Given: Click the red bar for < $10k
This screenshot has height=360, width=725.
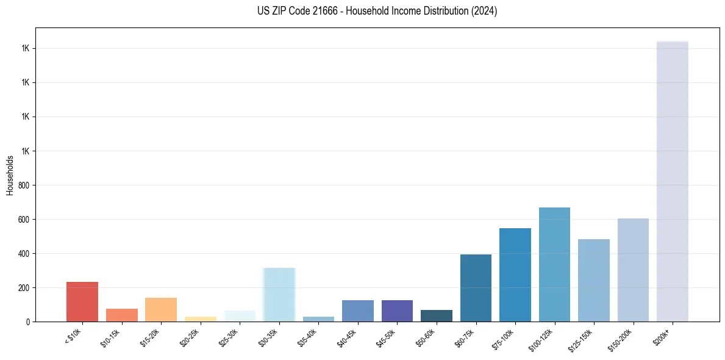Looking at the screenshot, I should pos(82,301).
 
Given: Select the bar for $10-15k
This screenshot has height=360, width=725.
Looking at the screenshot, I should pos(122,315).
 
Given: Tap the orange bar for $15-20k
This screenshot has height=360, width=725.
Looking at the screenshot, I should pos(161,309).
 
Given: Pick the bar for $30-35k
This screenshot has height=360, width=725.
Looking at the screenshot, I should pos(279,295).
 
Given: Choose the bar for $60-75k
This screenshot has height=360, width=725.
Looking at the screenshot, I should pos(476,288).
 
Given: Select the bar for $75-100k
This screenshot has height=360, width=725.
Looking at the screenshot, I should pos(515,275).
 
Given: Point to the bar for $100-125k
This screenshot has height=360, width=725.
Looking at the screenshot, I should pos(554,264).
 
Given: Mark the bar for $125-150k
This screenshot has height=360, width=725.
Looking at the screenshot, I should pos(594,280).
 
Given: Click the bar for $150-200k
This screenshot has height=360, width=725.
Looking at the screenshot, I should pos(633,270).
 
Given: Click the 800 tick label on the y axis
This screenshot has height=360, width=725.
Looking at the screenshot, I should pos(24,185).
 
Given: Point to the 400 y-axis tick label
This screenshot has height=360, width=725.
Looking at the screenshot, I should pos(24,253).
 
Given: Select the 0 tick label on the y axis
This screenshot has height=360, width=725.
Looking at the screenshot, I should pos(28,322).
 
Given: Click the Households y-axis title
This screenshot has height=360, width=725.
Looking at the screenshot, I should pos(10,175).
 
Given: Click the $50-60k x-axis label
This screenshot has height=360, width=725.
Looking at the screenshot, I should pos(425,337).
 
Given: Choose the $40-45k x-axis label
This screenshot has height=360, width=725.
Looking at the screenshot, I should pos(346,337).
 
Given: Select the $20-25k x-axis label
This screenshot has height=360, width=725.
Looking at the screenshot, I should pos(189,337).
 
